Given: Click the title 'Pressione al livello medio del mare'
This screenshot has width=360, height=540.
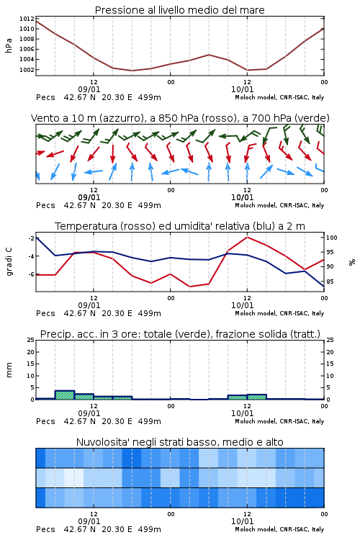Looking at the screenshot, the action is [179, 10].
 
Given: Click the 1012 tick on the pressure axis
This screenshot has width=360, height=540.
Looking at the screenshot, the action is [27, 19].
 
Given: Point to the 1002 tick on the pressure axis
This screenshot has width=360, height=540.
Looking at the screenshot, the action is [27, 70].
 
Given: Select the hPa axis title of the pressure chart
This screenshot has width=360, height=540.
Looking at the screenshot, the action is [9, 45].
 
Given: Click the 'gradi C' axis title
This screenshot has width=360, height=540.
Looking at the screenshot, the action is [9, 261].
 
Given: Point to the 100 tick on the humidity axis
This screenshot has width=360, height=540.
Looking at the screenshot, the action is [332, 238].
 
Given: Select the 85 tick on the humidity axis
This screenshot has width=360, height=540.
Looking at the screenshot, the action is [330, 282].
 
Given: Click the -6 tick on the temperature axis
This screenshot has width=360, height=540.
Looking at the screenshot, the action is [31, 274].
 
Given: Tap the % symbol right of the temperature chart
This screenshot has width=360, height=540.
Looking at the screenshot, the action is [352, 262].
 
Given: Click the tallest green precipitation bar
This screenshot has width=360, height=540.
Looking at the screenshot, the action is [65, 395].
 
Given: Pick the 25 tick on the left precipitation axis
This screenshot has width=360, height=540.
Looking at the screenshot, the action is [31, 340].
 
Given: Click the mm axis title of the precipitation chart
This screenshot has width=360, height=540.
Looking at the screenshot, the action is [9, 370].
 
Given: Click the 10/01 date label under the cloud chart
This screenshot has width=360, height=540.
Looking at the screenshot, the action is [242, 521].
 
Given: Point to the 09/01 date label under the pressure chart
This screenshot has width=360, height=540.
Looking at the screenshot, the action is [89, 89].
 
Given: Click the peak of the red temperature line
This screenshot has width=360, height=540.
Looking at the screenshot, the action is [247, 237].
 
